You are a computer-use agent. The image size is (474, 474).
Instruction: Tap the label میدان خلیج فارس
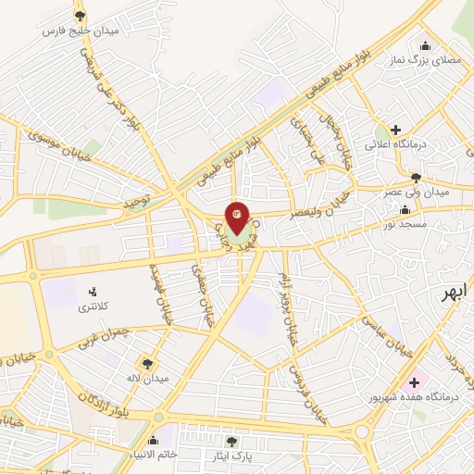pyautogui.click(x=81, y=30)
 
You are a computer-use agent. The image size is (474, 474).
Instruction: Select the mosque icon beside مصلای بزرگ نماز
pyautogui.click(x=426, y=45)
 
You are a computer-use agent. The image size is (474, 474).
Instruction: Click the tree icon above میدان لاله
pyautogui.click(x=146, y=363)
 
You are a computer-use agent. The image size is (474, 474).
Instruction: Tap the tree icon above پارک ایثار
pyautogui.click(x=231, y=442)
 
